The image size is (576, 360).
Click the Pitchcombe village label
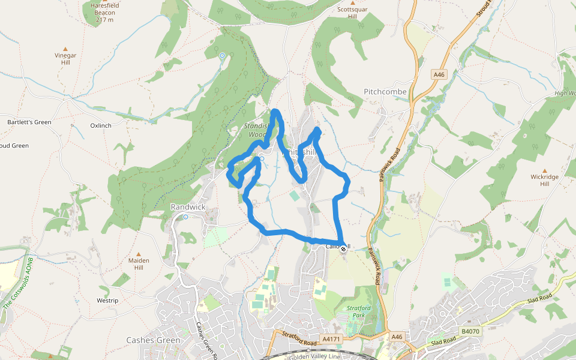click(385, 92)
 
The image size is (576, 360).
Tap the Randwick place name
click(188, 207)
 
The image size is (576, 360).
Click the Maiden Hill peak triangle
click(139, 254)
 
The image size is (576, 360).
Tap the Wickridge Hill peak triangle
click(545, 170)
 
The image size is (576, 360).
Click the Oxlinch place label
click(101, 126)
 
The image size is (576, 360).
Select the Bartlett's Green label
click(29, 122)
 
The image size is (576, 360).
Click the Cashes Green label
click(153, 340)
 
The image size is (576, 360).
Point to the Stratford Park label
click(359, 312)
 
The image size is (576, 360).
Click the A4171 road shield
click(331, 340)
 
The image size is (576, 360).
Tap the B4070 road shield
click(470, 331)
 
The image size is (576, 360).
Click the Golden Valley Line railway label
click(315, 356)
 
